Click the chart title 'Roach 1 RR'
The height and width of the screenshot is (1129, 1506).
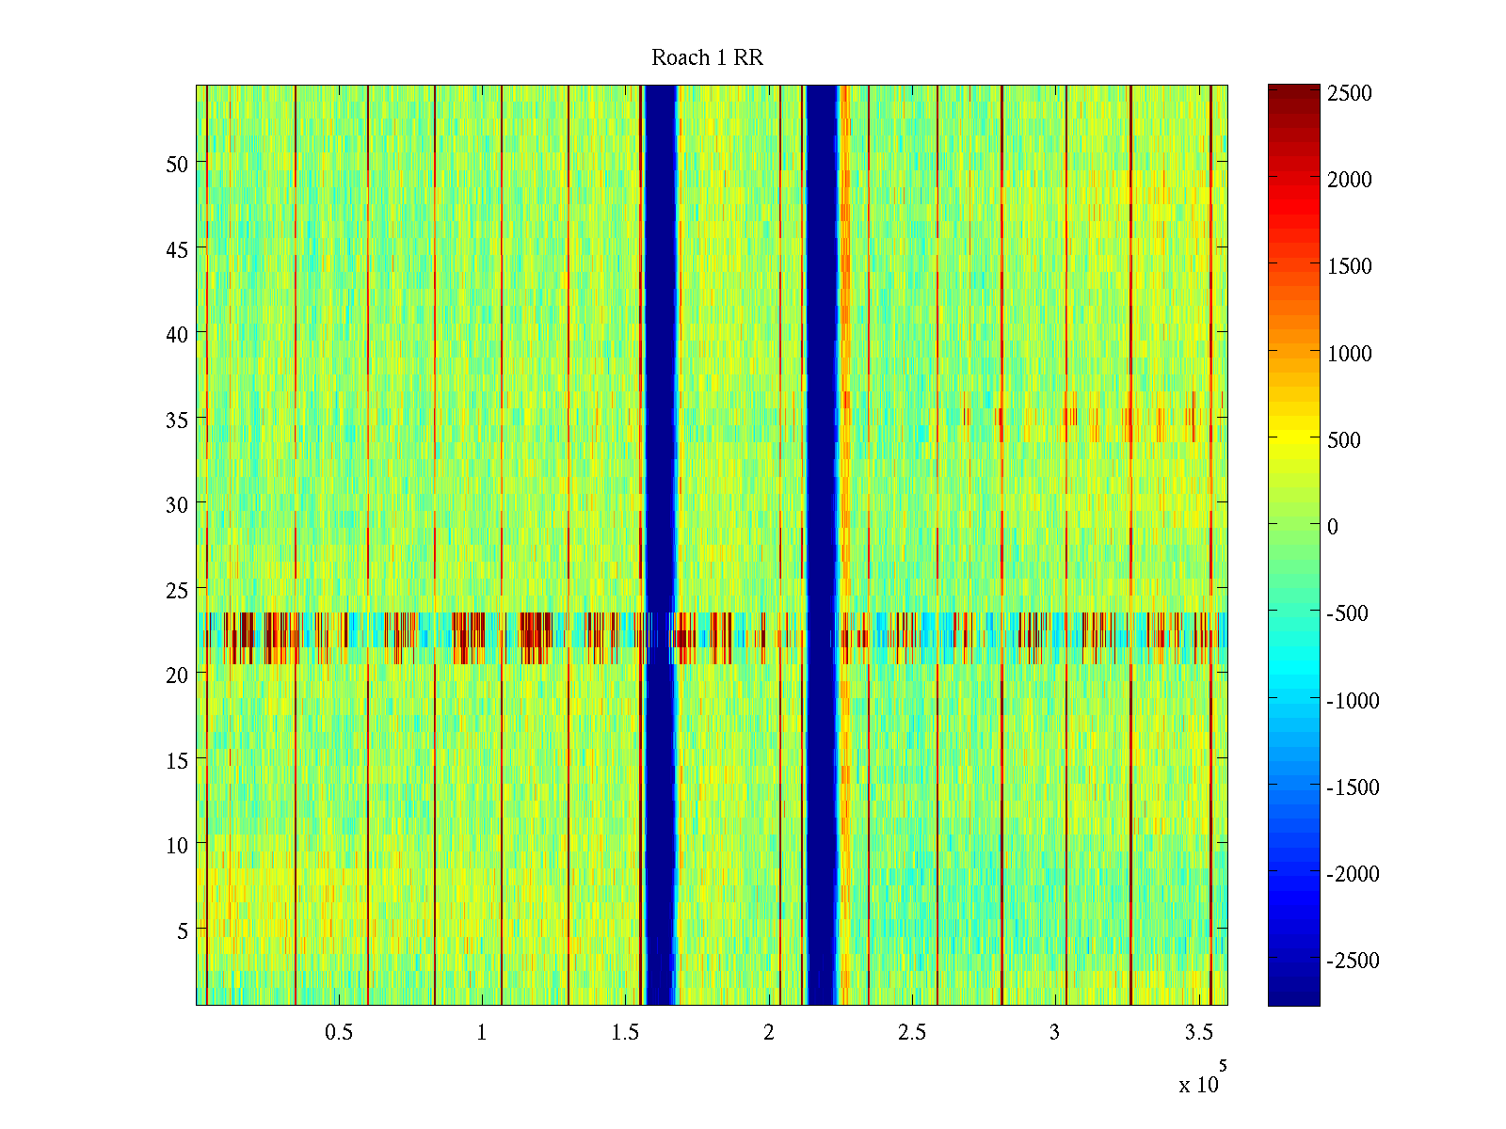point(707,58)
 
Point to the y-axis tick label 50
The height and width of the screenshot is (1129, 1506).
point(177,164)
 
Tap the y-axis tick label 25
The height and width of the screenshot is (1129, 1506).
point(177,591)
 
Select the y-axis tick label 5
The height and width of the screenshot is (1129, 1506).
point(182,931)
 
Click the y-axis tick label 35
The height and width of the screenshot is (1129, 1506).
point(177,420)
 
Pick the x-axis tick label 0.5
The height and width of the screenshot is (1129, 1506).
point(339,1033)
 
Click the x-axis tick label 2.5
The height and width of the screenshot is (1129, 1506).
point(911,1033)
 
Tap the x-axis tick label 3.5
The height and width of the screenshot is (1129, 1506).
point(1198,1033)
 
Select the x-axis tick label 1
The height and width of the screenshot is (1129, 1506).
point(482,1033)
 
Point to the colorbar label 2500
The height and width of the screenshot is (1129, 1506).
point(1350,94)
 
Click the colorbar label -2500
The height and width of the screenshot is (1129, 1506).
point(1354,961)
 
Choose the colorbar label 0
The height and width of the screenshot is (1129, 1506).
point(1333,527)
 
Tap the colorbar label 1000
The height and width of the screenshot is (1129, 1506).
point(1350,354)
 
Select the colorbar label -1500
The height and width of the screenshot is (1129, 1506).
point(1354,787)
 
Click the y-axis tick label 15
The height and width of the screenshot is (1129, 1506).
point(177,761)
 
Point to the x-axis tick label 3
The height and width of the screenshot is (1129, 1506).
point(1054,1033)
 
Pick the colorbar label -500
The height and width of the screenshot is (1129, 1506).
point(1348,613)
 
